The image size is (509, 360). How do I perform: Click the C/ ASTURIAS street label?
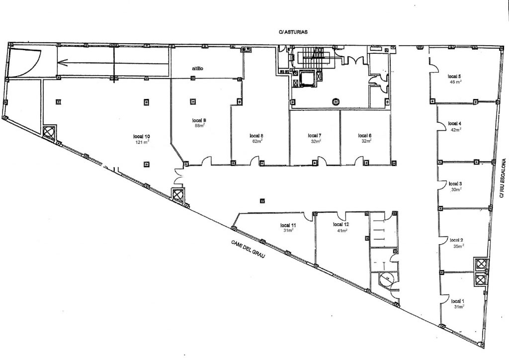click(293, 31)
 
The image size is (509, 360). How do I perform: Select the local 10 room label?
click(142, 136)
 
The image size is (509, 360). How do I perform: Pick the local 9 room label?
click(199, 120)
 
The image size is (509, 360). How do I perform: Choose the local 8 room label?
click(256, 135)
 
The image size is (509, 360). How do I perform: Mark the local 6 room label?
click(364, 135)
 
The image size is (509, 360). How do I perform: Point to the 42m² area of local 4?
click(455, 129)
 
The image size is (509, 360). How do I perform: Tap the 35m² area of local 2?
click(458, 246)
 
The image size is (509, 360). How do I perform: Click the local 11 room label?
click(288, 224)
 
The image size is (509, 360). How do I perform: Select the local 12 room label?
click(340, 224)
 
